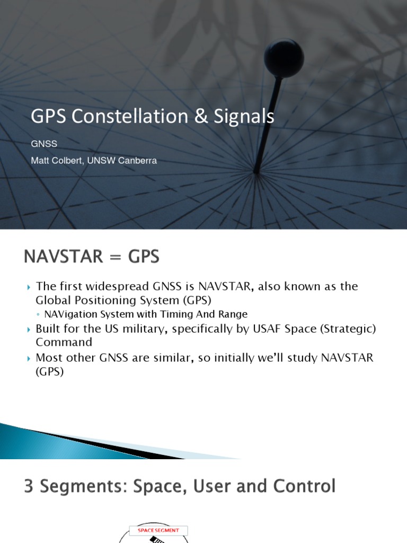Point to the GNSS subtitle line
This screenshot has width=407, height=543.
tap(44, 144)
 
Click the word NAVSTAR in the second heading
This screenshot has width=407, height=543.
tap(63, 257)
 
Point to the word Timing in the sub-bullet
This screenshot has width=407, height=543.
tap(172, 314)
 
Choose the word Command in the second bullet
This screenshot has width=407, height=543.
tap(64, 343)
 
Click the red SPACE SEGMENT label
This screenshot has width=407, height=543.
tap(158, 530)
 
